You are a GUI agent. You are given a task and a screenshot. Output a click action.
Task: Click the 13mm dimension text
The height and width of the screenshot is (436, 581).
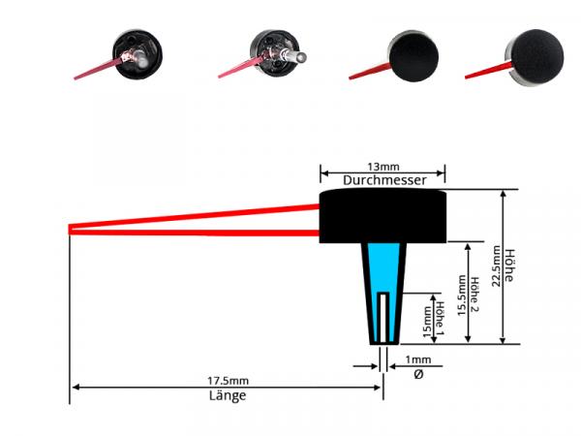(383, 167)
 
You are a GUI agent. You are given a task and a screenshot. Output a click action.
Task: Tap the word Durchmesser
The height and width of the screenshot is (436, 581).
(384, 180)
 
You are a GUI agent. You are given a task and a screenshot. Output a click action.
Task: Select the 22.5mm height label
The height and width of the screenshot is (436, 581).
(496, 265)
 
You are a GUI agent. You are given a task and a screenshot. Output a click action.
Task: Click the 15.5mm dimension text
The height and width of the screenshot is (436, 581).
(461, 296)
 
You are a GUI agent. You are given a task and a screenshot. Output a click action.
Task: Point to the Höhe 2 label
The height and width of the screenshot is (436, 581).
(474, 294)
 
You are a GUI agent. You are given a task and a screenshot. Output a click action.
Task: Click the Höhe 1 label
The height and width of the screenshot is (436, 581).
(440, 319)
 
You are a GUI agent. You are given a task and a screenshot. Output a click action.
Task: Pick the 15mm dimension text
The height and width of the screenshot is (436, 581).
(427, 322)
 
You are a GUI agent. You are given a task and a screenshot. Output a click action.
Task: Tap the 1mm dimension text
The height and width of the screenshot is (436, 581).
(418, 359)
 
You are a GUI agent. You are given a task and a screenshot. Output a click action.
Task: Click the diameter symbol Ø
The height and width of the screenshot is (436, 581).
(418, 374)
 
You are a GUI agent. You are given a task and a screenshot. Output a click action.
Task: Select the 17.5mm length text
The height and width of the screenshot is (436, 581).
(228, 381)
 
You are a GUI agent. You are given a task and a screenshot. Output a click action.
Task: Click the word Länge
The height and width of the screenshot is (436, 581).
(228, 395)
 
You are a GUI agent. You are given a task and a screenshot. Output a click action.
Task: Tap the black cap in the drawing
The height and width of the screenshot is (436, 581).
(382, 215)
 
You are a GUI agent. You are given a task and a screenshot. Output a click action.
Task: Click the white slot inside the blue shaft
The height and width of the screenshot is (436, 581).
(383, 318)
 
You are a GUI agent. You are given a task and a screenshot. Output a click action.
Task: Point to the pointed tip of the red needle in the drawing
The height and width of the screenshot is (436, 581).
(70, 230)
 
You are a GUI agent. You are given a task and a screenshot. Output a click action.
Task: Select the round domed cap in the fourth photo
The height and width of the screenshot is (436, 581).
(534, 57)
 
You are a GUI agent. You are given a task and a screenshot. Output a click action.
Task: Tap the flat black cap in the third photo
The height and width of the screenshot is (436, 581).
(413, 56)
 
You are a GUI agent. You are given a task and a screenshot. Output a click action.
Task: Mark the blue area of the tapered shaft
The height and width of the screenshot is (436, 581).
(383, 274)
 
